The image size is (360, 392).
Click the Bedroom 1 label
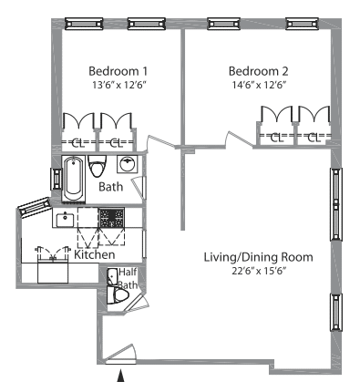pos(118,71)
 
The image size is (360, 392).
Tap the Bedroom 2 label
pos(258,71)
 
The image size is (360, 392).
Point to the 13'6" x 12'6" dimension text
pos(119,85)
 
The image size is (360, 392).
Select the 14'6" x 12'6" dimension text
pos(260,85)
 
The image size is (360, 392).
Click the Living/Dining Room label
pos(258,257)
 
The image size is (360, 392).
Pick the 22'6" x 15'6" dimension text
pos(260,271)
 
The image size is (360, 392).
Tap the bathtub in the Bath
pos(73,179)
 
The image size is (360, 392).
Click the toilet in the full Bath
pos(98,166)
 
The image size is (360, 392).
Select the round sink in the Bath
pos(128,164)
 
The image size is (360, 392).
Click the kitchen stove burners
pos(111,218)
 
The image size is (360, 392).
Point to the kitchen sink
pos(65,220)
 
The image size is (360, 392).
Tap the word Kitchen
pos(95,254)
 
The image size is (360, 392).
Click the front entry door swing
pos(121,354)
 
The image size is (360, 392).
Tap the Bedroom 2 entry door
pos(239,139)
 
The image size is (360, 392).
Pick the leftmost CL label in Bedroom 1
pos(78,142)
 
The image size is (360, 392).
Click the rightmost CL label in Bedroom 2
pos(314,138)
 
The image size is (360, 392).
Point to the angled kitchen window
pos(34,207)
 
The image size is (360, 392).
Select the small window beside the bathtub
pos(57,179)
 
